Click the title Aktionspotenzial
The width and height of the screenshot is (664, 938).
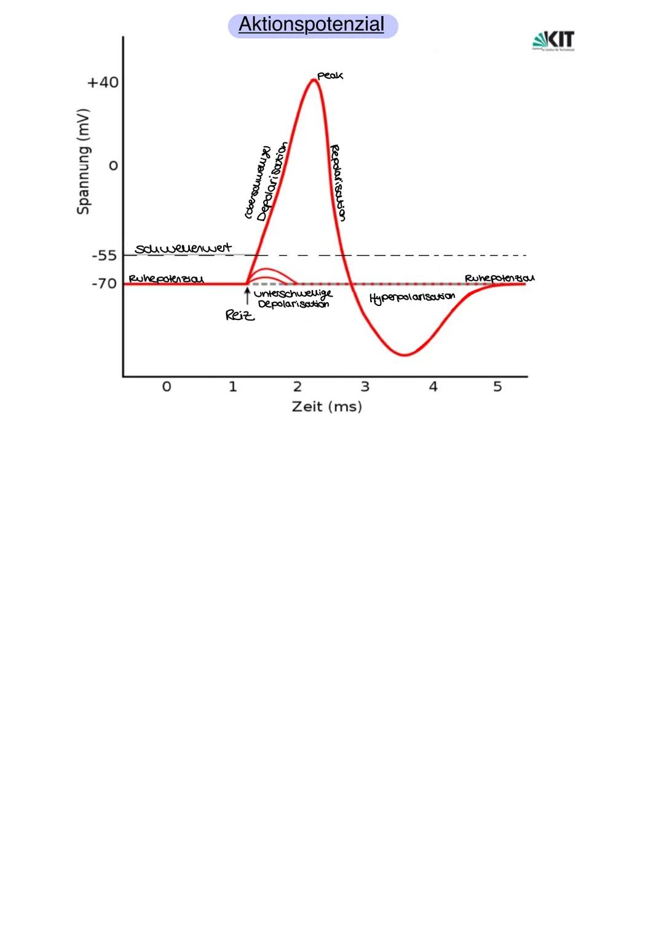(312, 25)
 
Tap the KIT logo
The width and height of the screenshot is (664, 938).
(553, 41)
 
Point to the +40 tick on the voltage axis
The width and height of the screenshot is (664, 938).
(103, 82)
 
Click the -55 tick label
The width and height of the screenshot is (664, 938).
(104, 256)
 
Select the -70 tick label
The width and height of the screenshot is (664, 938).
(104, 284)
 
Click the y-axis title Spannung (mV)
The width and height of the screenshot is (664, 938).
(83, 162)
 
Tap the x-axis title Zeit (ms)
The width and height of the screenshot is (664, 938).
(326, 407)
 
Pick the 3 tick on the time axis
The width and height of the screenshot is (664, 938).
(365, 386)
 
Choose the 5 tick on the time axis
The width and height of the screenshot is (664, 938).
(497, 386)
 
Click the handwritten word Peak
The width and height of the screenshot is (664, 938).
(330, 76)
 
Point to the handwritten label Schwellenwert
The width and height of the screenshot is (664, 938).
(183, 248)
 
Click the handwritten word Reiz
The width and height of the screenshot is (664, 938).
(240, 316)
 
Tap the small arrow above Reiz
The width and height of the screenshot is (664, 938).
(247, 297)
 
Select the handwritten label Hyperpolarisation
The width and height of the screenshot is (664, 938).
(412, 297)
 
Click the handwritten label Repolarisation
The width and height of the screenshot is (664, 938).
(338, 182)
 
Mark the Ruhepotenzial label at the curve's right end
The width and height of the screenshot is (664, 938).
(499, 278)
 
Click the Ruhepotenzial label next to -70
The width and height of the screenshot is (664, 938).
(166, 279)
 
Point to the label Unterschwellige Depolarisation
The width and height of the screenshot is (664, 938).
(293, 299)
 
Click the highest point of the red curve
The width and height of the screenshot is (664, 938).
(314, 80)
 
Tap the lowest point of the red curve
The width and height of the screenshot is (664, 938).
(405, 355)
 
